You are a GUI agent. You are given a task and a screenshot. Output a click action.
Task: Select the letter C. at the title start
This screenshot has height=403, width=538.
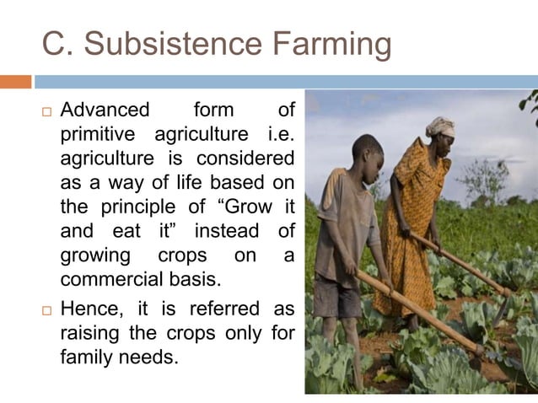tap(58, 45)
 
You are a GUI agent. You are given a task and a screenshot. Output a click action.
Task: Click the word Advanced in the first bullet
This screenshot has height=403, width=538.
tap(105, 110)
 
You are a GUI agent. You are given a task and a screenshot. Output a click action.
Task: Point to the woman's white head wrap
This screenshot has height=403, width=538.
tap(440, 126)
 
